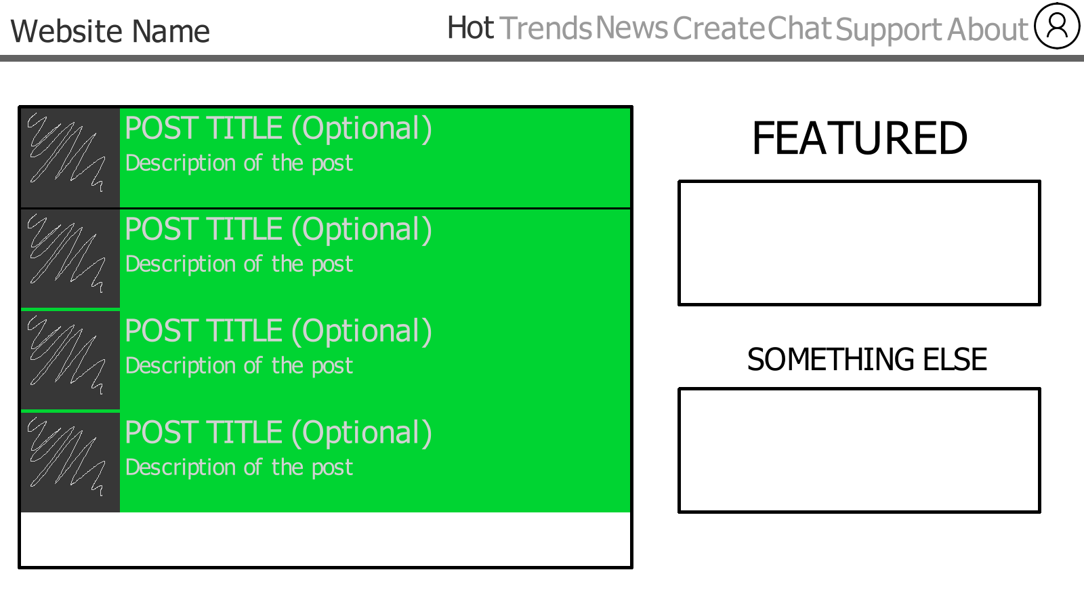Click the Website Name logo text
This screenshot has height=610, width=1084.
pyautogui.click(x=110, y=31)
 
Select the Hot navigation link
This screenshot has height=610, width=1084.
pyautogui.click(x=470, y=28)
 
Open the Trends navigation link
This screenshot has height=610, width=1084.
pyautogui.click(x=545, y=28)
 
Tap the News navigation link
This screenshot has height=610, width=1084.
pyautogui.click(x=631, y=28)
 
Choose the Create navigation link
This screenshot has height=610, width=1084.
pyautogui.click(x=719, y=28)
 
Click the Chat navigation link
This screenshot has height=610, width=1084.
pyautogui.click(x=799, y=28)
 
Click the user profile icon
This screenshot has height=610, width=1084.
pyautogui.click(x=1057, y=26)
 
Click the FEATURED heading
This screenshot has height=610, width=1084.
pyautogui.click(x=860, y=138)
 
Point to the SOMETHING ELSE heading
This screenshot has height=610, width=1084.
pyautogui.click(x=867, y=360)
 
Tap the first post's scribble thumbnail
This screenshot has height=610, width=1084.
pyautogui.click(x=70, y=157)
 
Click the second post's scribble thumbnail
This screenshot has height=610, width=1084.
pyautogui.click(x=70, y=258)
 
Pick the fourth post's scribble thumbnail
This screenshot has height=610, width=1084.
pyautogui.click(x=70, y=462)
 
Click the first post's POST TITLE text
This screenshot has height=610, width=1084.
pyautogui.click(x=278, y=129)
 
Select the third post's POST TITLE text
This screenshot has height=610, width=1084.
pyautogui.click(x=278, y=332)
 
